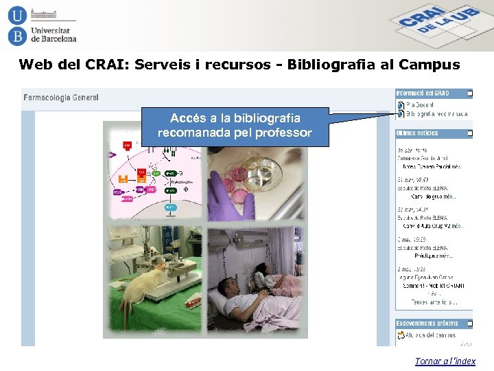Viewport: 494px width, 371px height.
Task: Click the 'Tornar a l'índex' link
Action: (x=445, y=361)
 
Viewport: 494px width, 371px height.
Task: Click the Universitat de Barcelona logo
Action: (x=42, y=25)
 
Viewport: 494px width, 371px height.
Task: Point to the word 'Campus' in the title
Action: (x=429, y=65)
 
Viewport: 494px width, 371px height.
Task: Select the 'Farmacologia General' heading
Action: (x=61, y=98)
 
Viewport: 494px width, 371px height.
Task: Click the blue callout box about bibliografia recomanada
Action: (x=235, y=126)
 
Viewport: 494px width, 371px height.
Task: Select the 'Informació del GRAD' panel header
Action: (x=423, y=93)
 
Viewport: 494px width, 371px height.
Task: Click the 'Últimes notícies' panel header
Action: (x=418, y=133)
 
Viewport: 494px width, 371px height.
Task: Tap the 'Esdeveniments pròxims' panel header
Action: (x=427, y=323)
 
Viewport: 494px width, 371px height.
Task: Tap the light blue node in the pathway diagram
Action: (x=170, y=207)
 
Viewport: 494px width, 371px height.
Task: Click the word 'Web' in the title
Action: (x=35, y=65)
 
